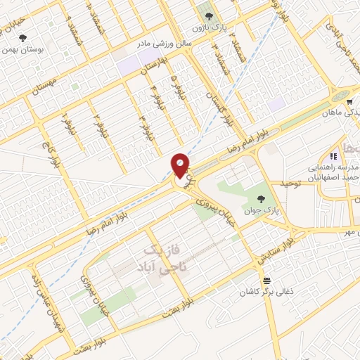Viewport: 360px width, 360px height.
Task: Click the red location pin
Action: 180,166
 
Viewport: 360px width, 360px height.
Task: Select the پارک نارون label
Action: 210,27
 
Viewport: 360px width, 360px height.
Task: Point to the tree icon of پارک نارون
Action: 207,14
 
